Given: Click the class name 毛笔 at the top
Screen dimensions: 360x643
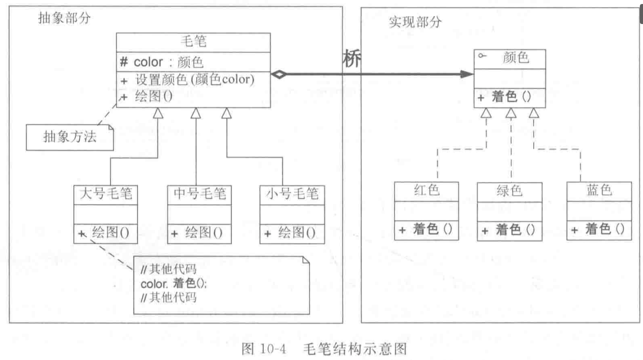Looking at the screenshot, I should (193, 42).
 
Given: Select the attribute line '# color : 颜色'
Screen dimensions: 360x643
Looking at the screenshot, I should (169, 62).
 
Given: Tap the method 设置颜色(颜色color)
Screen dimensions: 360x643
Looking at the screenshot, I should (194, 81).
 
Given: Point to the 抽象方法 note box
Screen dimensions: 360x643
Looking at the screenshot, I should (69, 137).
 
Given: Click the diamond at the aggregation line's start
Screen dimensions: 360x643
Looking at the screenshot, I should (279, 75).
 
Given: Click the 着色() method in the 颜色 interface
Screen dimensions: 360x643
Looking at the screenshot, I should (511, 97).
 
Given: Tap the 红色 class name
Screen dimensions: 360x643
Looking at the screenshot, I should (426, 190).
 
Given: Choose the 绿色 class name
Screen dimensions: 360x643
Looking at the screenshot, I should (509, 190).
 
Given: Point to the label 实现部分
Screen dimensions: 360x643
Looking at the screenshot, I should (415, 22).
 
